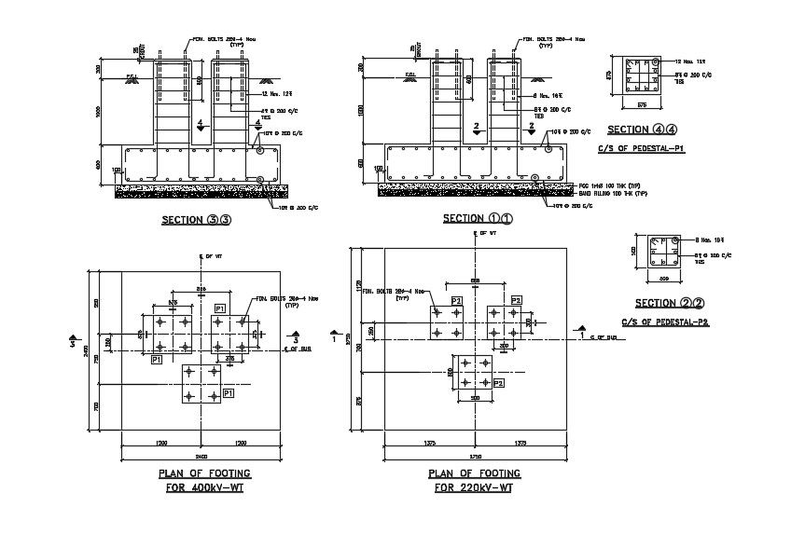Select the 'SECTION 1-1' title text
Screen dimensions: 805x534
477,218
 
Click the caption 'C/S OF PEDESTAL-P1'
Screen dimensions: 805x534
641,148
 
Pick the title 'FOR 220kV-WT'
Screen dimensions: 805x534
474,487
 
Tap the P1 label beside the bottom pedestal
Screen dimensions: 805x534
228,395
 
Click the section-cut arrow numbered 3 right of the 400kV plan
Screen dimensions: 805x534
296,336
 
